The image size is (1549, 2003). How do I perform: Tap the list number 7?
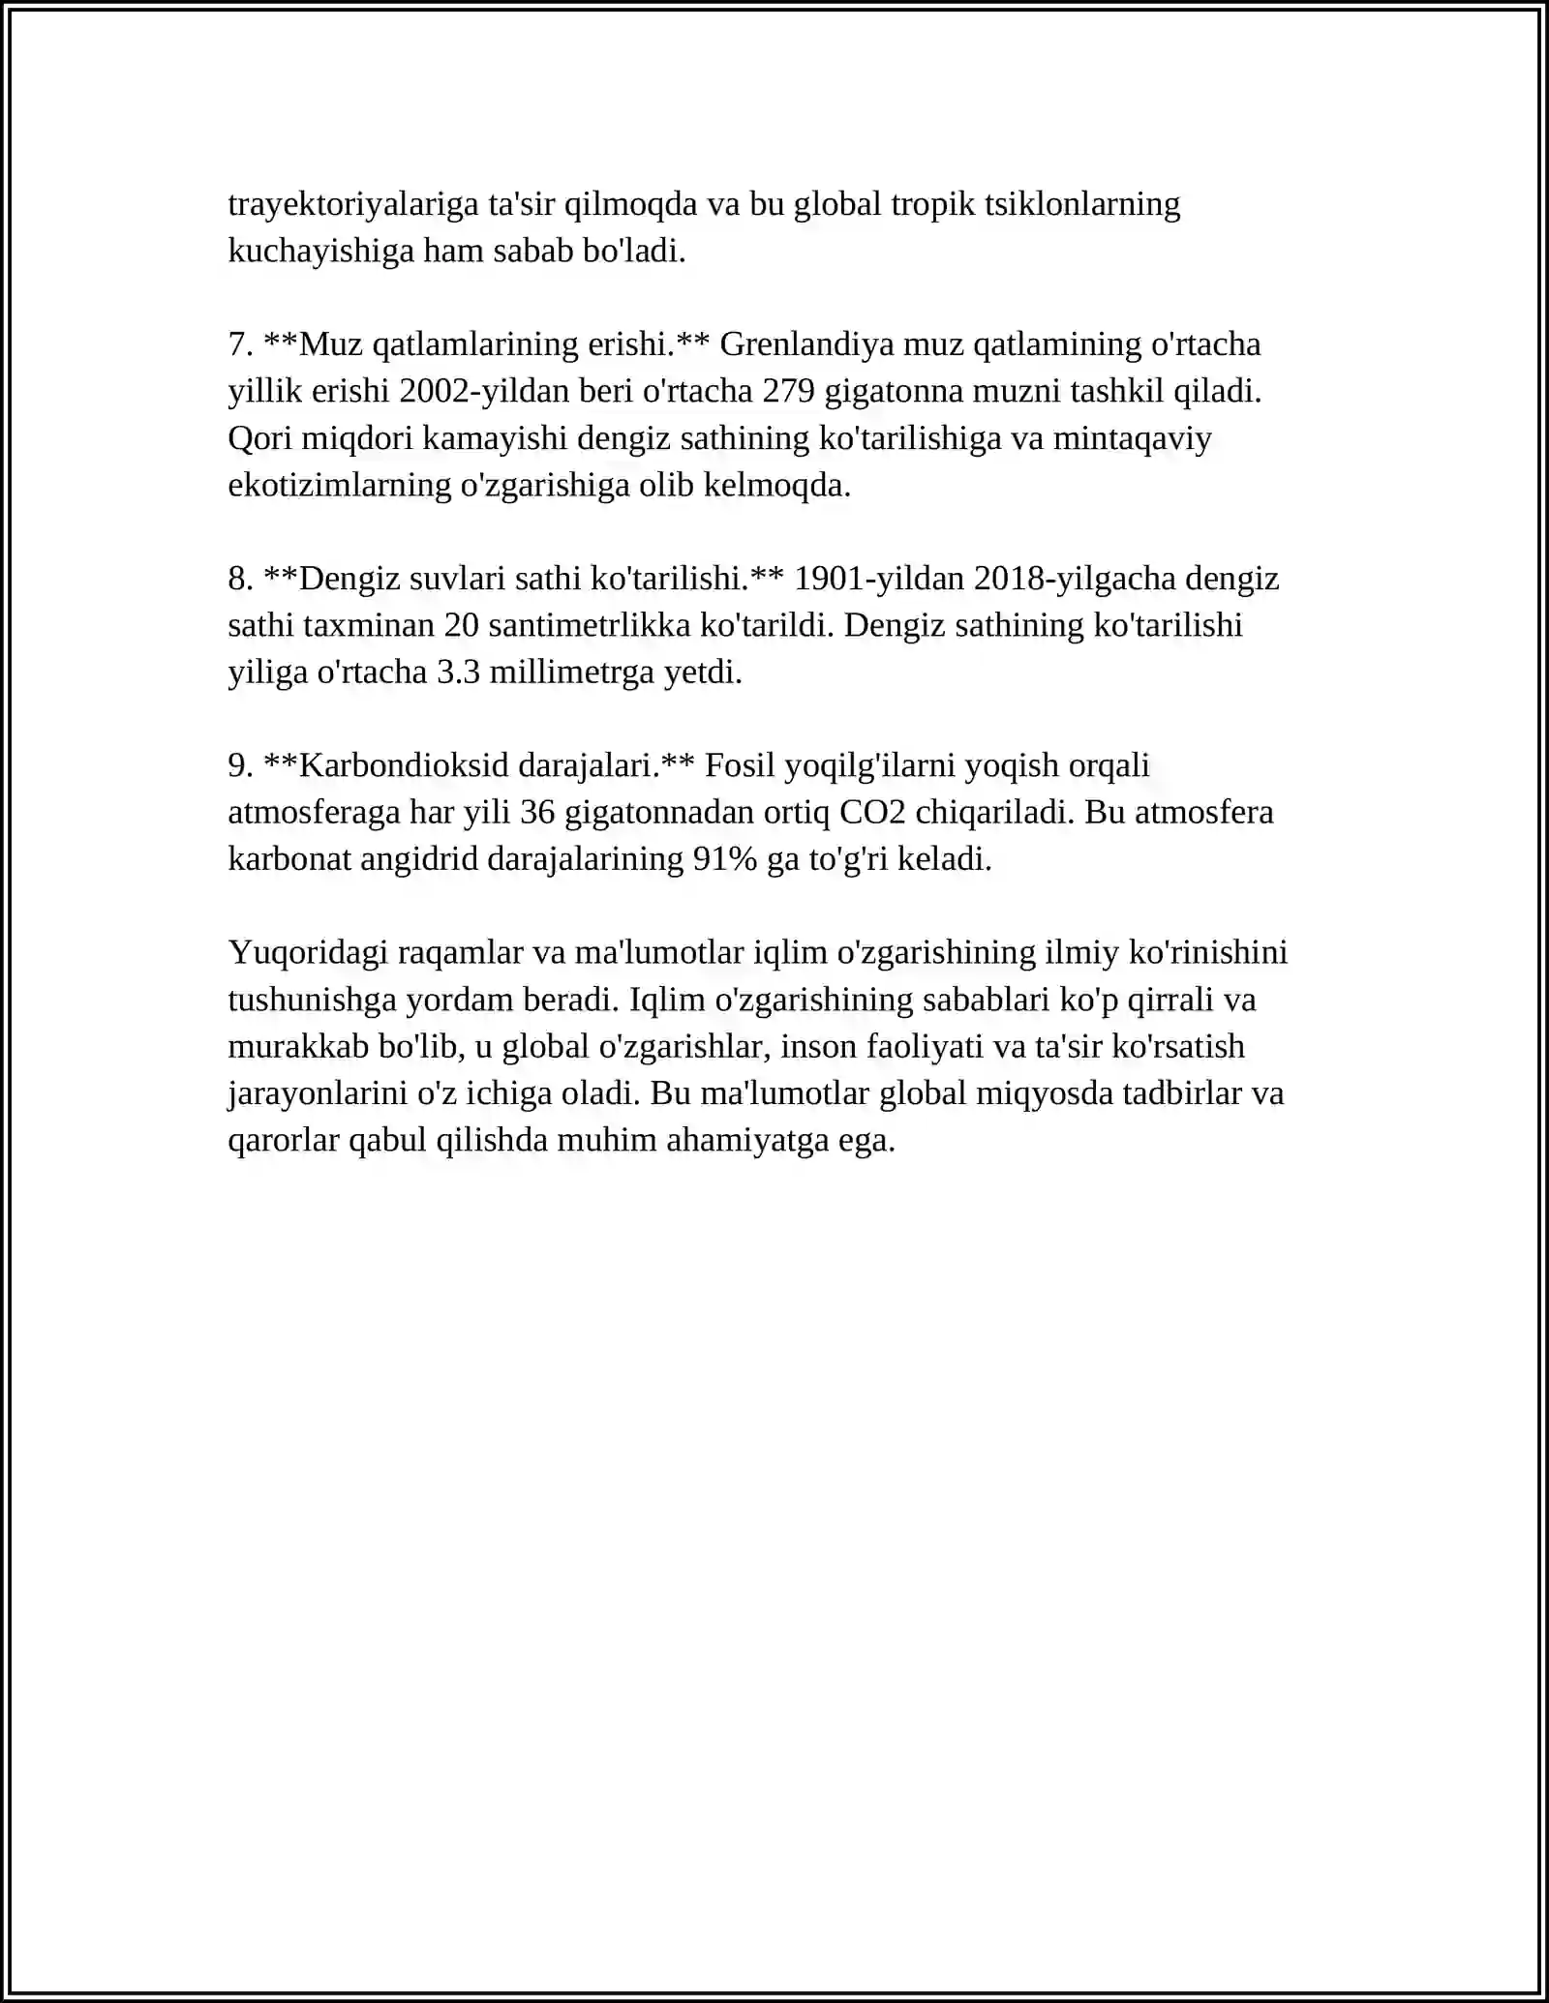click(238, 344)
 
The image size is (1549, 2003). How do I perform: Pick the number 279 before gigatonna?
click(789, 391)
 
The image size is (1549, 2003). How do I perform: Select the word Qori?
click(259, 438)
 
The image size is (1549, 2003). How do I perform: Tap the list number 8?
click(238, 579)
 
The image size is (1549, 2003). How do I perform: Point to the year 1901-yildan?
click(878, 579)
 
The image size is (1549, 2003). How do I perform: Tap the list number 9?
click(238, 765)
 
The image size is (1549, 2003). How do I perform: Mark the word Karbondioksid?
click(406, 765)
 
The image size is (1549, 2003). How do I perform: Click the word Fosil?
click(740, 765)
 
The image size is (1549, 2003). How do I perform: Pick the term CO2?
click(872, 812)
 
